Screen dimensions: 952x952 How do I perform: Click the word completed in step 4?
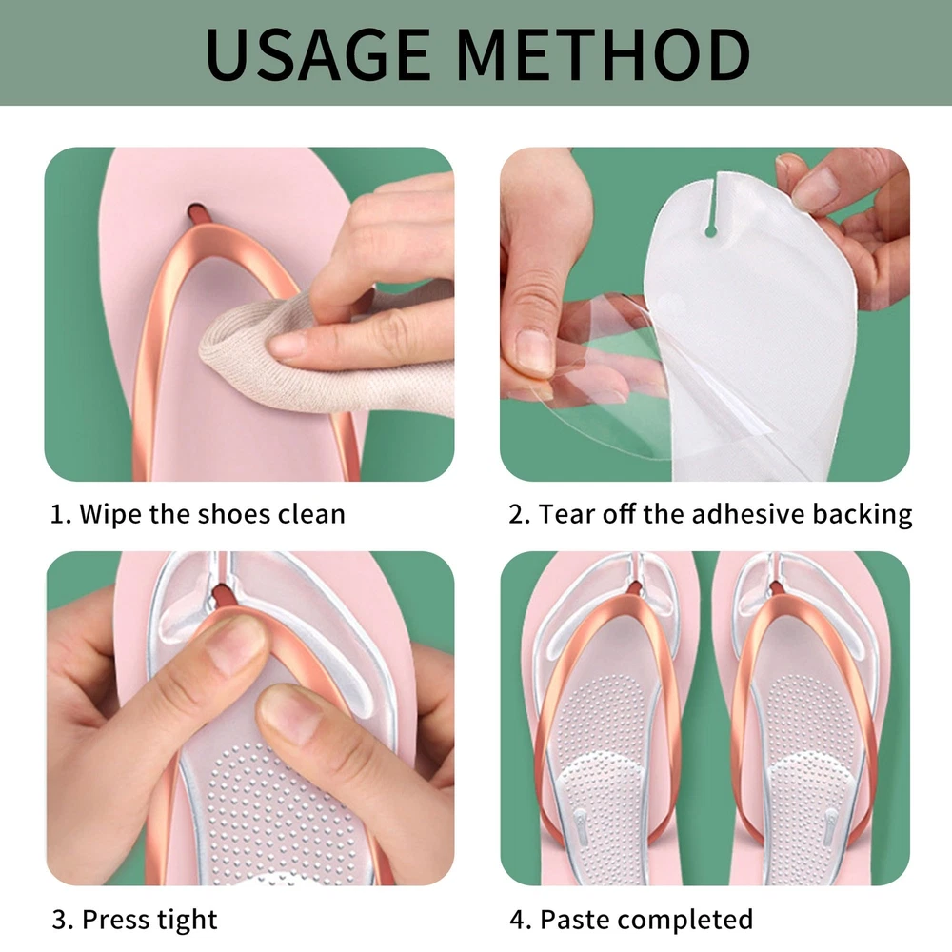click(683, 921)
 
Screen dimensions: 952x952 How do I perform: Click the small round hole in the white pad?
click(710, 231)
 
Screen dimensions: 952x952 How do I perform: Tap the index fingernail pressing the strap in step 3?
click(235, 645)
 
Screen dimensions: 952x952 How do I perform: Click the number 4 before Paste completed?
click(519, 920)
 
